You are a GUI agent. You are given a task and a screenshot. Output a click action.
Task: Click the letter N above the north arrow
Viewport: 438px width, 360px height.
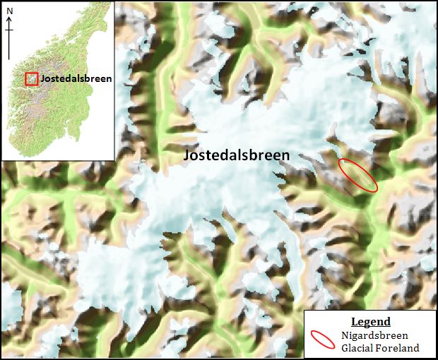tap(9, 10)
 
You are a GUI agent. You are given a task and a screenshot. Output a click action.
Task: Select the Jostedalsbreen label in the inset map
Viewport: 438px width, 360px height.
tap(76, 78)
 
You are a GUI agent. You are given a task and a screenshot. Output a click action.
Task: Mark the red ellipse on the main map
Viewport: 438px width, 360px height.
tap(357, 174)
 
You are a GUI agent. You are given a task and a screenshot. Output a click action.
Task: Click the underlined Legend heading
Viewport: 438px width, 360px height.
tap(370, 322)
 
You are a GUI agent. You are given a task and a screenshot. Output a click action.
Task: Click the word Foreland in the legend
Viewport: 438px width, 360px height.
tap(398, 347)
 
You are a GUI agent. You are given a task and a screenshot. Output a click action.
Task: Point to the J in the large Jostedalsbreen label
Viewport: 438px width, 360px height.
tap(187, 156)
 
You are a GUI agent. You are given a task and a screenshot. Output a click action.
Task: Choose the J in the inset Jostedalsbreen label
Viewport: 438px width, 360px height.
tap(42, 78)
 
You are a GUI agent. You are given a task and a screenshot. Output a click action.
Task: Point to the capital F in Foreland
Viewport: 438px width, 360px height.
tap(380, 347)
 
